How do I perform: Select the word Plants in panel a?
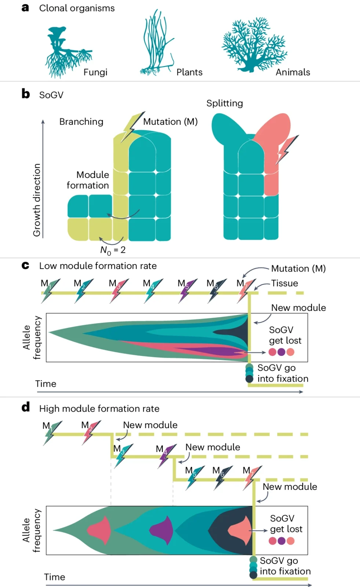(189, 72)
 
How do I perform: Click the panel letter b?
(25, 94)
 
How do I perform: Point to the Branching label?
(81, 122)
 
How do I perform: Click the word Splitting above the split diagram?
(224, 103)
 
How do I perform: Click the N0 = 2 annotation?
(113, 250)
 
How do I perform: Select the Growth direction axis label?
(37, 200)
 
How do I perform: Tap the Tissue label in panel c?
(284, 283)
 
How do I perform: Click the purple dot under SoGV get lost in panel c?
(281, 352)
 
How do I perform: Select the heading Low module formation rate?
(98, 266)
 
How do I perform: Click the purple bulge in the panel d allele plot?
(162, 531)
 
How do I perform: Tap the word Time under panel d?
(55, 577)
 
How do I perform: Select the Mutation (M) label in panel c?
(298, 269)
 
